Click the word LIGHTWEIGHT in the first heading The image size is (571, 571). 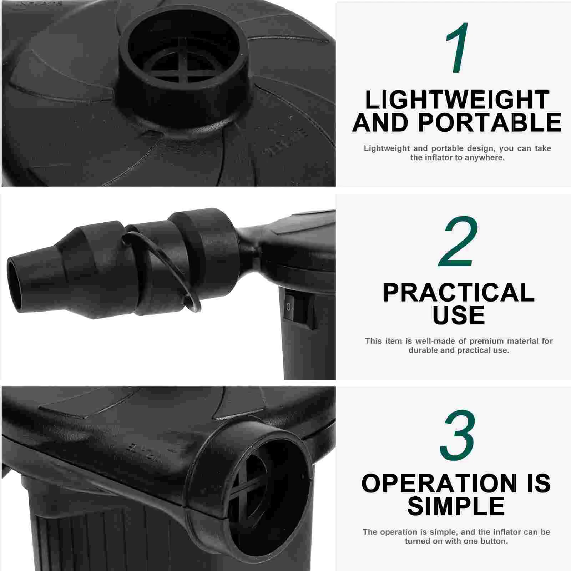[x=457, y=100]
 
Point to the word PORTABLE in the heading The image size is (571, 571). [x=490, y=122]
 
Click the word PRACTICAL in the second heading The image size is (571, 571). [x=459, y=293]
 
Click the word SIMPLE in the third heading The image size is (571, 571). [x=456, y=506]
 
